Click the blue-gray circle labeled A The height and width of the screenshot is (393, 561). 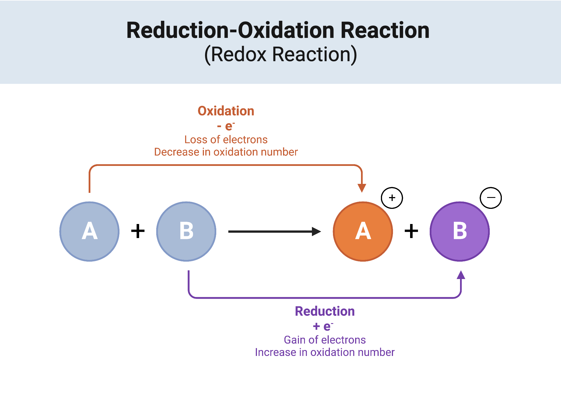click(89, 232)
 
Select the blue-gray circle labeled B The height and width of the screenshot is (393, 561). click(186, 232)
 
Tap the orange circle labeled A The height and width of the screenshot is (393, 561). click(363, 232)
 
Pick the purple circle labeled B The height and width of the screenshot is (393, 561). click(460, 232)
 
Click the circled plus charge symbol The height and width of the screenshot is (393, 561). click(392, 198)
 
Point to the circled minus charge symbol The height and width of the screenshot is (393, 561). click(491, 198)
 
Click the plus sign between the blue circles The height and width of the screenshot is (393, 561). click(138, 231)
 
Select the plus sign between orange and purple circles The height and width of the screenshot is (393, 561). click(411, 231)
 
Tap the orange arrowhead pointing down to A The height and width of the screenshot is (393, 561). click(362, 188)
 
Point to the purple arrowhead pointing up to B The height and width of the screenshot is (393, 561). click(461, 275)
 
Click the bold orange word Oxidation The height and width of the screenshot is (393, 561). click(226, 111)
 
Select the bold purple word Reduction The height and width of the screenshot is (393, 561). click(325, 311)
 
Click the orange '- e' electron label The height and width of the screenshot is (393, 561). click(226, 126)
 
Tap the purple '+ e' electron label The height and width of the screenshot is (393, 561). click(323, 326)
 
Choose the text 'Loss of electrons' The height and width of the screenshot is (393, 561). click(226, 140)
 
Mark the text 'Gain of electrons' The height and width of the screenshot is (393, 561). click(325, 340)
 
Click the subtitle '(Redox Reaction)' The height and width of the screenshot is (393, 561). click(280, 54)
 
